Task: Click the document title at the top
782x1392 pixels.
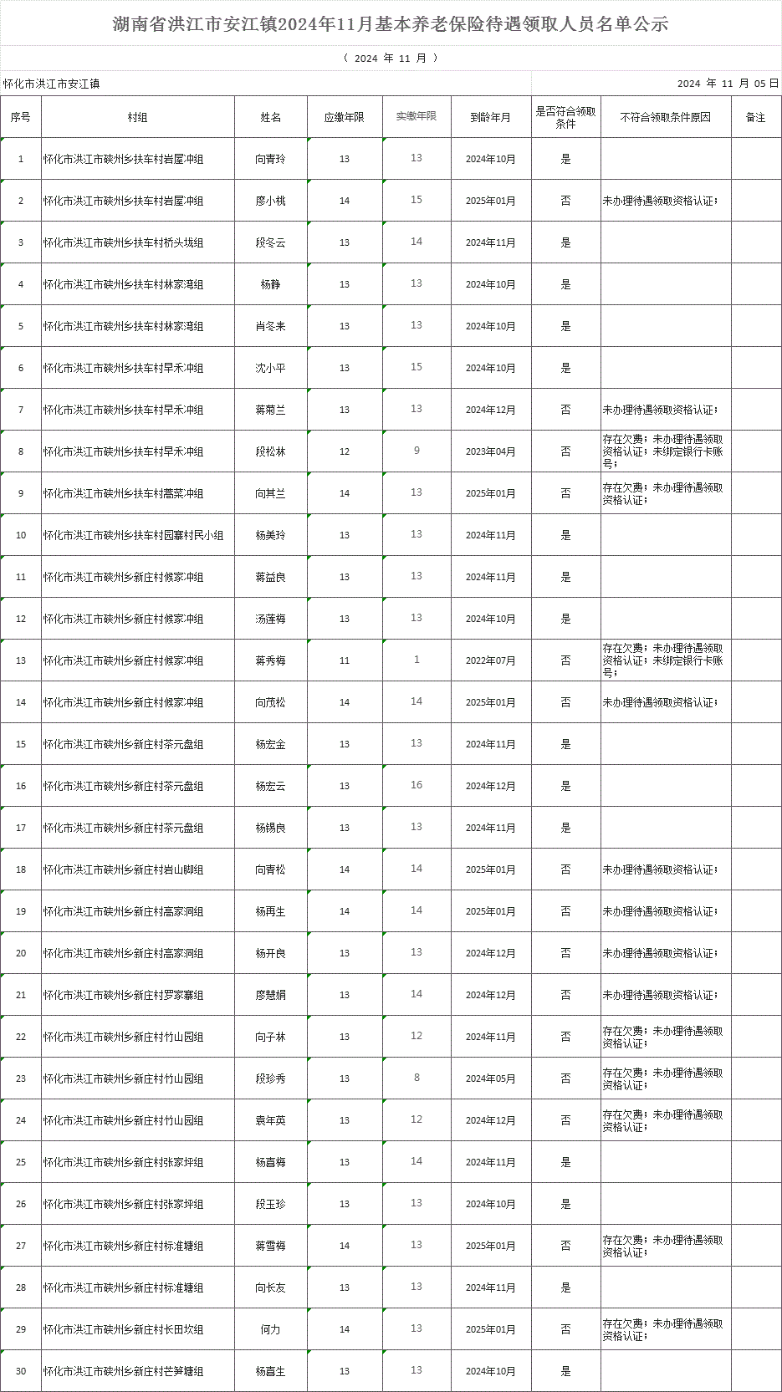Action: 391,24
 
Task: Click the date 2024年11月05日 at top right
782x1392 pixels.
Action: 728,84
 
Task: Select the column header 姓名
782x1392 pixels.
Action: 270,118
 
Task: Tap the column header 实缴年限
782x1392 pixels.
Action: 417,116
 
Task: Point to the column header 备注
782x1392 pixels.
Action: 755,118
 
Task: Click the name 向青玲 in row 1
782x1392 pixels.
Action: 270,159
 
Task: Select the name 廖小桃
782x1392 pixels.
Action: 270,201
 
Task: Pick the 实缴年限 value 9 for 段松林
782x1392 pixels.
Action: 417,451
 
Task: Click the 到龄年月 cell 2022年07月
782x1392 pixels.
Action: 490,660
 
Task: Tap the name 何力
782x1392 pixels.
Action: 270,1329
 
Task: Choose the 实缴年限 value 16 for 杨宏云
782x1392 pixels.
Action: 417,785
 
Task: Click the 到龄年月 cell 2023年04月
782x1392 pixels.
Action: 490,451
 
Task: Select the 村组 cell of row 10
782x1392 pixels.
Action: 134,535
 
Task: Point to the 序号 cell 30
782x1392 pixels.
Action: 21,1371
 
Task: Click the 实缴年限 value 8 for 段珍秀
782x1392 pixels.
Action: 417,1078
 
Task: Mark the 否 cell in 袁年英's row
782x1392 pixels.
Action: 565,1120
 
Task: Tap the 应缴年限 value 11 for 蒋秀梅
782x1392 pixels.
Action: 345,660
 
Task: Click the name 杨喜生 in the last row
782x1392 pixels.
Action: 270,1371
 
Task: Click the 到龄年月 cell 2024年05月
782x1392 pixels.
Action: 490,1078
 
